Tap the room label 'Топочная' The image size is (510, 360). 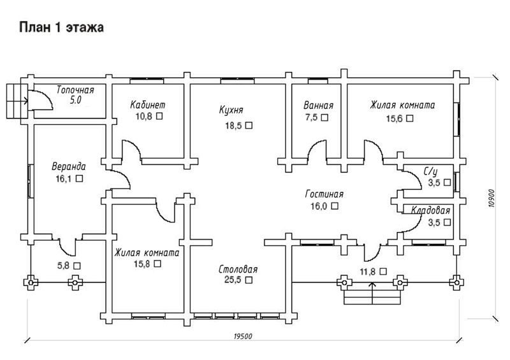[x=75, y=89]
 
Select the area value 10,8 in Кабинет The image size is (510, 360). [x=145, y=117]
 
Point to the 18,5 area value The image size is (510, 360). [x=233, y=126]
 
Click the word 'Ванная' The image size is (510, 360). [x=319, y=105]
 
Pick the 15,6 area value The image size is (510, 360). [x=395, y=118]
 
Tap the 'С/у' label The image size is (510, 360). [x=431, y=171]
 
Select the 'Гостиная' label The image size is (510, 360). [x=324, y=194]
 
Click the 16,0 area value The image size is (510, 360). [x=319, y=206]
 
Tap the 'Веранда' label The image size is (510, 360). [x=68, y=167]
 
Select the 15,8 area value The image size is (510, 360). [x=142, y=263]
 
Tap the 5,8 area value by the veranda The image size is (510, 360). [x=64, y=265]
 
